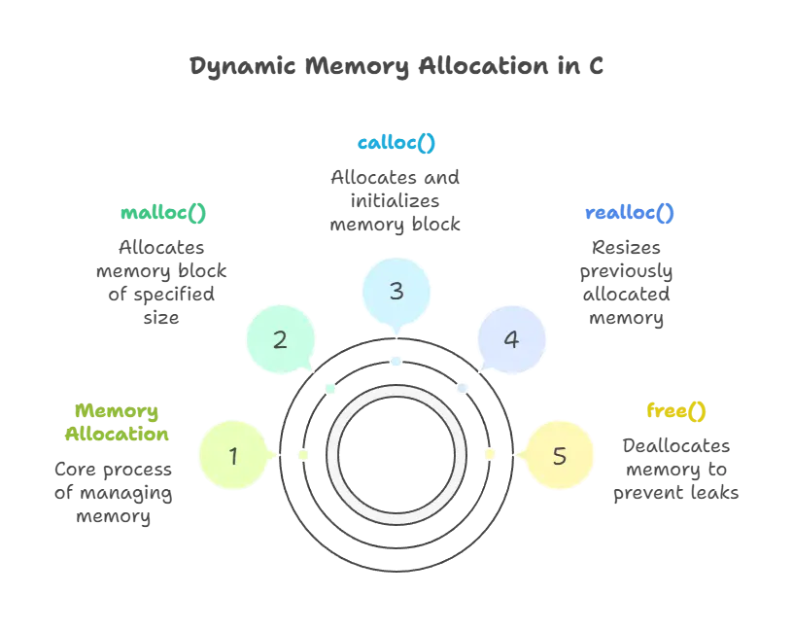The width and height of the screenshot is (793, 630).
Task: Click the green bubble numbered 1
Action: click(233, 454)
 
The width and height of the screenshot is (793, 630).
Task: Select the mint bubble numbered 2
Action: click(280, 340)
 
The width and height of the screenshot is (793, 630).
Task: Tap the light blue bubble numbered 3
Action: click(396, 291)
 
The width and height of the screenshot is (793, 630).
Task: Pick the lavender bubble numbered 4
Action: click(511, 340)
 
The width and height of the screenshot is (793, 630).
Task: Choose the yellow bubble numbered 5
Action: click(559, 455)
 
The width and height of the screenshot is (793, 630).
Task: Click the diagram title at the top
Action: click(396, 68)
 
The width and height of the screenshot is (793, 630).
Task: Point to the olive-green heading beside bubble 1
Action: click(118, 423)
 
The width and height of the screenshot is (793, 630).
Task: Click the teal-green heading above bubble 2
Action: click(163, 212)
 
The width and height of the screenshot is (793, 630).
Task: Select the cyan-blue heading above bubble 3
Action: click(396, 144)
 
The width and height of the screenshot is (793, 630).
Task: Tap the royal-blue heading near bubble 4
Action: click(629, 212)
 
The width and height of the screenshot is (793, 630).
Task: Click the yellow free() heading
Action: click(675, 411)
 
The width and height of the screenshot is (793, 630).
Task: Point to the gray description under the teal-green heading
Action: click(163, 277)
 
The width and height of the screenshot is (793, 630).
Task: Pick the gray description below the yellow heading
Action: click(675, 469)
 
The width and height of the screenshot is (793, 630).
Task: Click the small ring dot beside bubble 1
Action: click(303, 455)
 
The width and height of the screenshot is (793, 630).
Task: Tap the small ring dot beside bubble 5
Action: click(489, 455)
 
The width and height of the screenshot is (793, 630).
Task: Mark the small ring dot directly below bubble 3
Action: click(396, 362)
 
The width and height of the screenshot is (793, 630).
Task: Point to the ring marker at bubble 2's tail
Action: click(330, 389)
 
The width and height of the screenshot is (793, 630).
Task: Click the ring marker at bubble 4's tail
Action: click(462, 389)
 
